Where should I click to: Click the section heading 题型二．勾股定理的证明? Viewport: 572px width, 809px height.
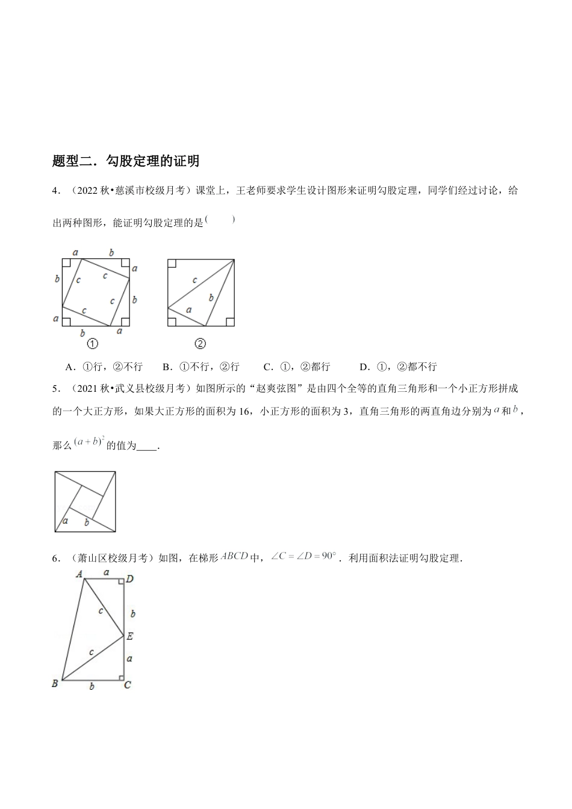pyautogui.click(x=126, y=161)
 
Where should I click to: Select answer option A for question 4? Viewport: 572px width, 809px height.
pyautogui.click(x=104, y=367)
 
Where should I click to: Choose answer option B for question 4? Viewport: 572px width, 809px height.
pyautogui.click(x=201, y=367)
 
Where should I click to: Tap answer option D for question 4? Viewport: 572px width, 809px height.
pyautogui.click(x=398, y=367)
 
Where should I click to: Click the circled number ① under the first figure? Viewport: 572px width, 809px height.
pyautogui.click(x=93, y=344)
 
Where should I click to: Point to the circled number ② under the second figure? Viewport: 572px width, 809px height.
pyautogui.click(x=201, y=344)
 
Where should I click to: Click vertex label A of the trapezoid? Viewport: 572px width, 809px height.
pyautogui.click(x=78, y=574)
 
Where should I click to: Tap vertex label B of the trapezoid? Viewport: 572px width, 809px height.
pyautogui.click(x=55, y=683)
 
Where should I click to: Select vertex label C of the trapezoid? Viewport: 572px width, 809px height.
pyautogui.click(x=128, y=685)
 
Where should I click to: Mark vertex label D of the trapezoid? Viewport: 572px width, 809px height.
pyautogui.click(x=129, y=579)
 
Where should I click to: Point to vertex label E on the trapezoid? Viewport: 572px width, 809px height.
pyautogui.click(x=130, y=636)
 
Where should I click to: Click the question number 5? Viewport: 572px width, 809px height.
pyautogui.click(x=55, y=388)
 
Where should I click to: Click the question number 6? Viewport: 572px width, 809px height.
pyautogui.click(x=55, y=559)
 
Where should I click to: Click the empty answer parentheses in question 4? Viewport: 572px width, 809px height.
pyautogui.click(x=220, y=220)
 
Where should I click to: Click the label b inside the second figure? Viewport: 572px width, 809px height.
pyautogui.click(x=211, y=297)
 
